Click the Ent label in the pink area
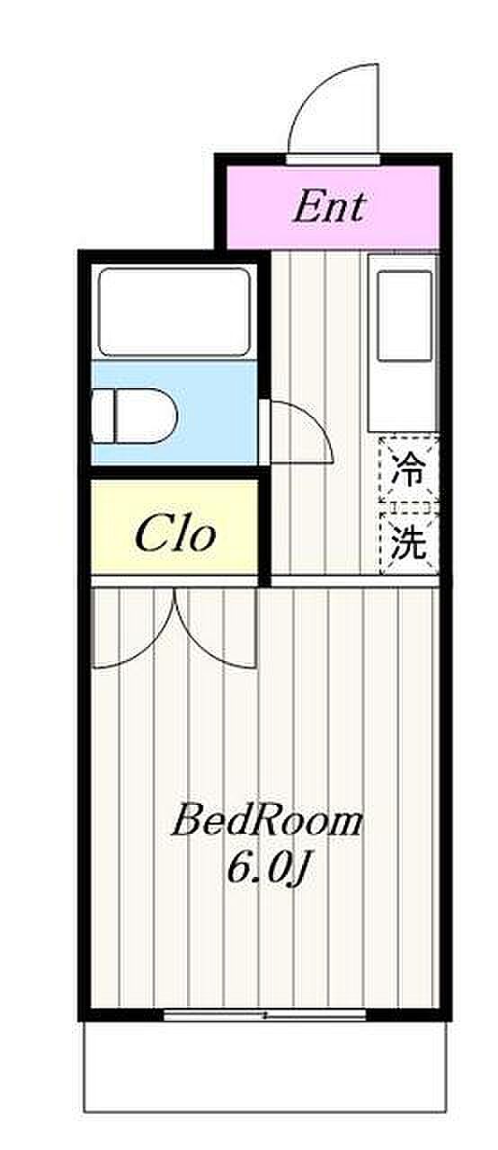tap(330, 207)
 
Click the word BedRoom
tap(266, 821)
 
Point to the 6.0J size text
tap(268, 870)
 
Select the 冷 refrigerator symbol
tap(409, 468)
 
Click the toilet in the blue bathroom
tap(135, 416)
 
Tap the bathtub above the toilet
tap(174, 312)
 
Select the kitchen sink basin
tap(405, 316)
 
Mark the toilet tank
tap(102, 416)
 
